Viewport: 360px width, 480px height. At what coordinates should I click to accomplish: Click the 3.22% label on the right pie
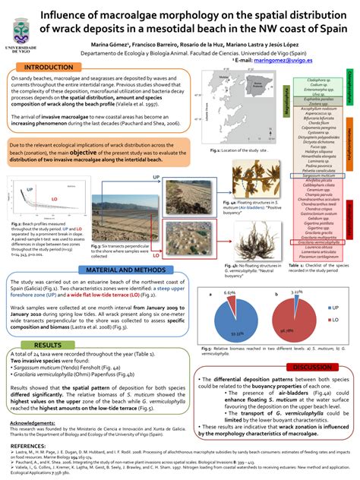(298, 291)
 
